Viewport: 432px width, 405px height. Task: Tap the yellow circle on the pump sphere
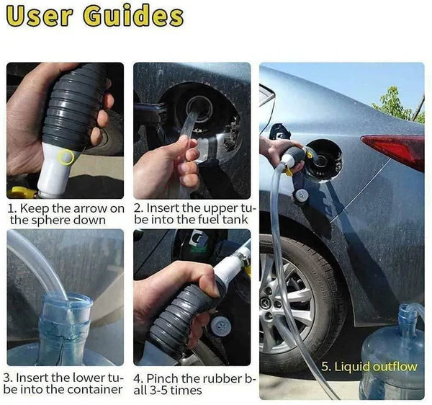[x=66, y=156]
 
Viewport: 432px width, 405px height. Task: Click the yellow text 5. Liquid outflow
[x=369, y=367]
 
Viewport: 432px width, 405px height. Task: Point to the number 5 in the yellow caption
[x=325, y=367]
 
